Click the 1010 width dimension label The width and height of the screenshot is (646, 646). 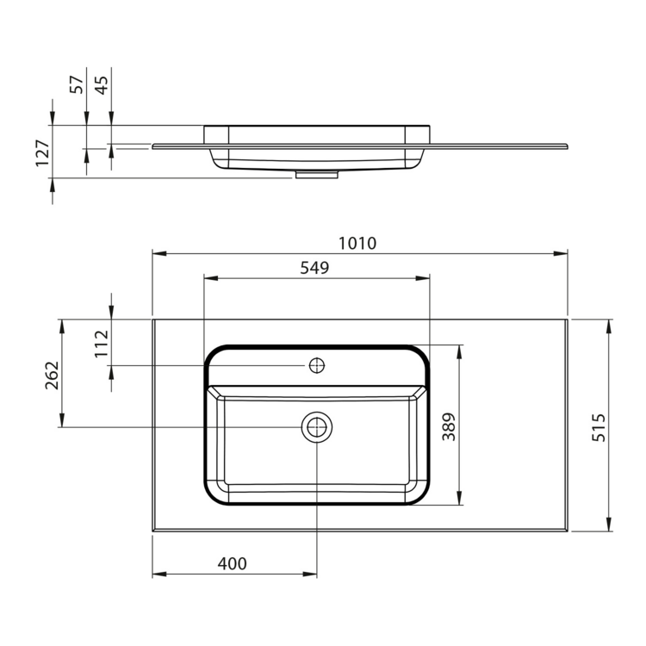[x=357, y=244]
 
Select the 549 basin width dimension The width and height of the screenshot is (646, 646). [x=314, y=268]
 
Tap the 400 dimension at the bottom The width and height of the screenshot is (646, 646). [x=232, y=563]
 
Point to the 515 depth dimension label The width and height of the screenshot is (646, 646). [x=599, y=427]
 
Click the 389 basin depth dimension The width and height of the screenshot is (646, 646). [x=449, y=426]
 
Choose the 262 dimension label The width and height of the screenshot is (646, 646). [x=53, y=376]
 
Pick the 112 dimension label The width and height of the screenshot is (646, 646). [x=102, y=344]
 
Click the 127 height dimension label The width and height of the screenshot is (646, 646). [x=43, y=152]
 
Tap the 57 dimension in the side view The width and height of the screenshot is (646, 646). [x=77, y=84]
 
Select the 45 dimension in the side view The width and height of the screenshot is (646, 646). [x=102, y=84]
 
